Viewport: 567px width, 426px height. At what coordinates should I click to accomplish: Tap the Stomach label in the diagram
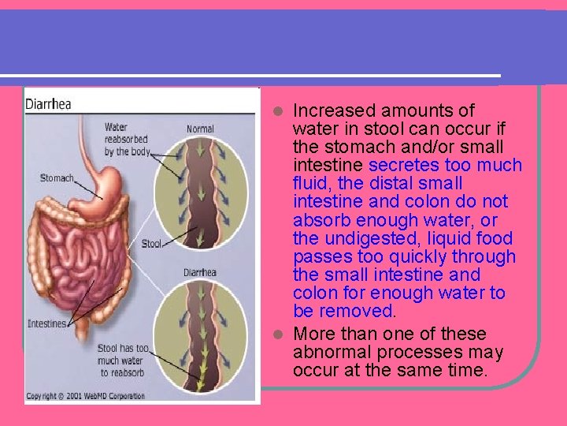57,178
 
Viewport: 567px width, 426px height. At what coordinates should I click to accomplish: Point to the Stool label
151,244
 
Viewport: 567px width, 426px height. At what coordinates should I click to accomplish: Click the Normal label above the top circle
200,129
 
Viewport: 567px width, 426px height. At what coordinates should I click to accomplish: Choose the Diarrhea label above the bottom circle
201,273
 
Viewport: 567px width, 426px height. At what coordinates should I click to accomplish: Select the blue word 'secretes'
406,165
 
